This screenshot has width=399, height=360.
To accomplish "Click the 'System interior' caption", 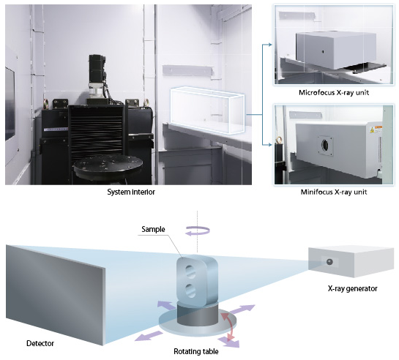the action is tap(131, 192).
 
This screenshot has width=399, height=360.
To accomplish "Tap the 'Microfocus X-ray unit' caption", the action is tap(334, 92).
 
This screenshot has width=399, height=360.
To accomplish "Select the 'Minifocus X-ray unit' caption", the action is tap(334, 192).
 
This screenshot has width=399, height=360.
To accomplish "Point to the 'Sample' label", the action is tap(153, 229).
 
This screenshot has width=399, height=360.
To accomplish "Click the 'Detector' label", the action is tap(40, 343).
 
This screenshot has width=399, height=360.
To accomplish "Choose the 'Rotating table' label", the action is tap(196, 351).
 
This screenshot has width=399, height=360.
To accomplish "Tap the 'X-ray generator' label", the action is tap(352, 288).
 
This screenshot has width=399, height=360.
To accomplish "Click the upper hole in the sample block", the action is tap(190, 271).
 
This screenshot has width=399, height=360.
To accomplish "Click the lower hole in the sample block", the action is tap(190, 290).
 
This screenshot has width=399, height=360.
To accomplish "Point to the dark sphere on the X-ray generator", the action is tap(329, 262).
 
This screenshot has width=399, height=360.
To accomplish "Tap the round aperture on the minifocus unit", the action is tap(325, 145).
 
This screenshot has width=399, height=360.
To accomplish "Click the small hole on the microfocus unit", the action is tap(323, 52).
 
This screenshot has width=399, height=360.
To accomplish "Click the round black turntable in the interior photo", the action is tap(108, 166).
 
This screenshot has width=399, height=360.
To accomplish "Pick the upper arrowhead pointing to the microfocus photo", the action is tap(270, 45).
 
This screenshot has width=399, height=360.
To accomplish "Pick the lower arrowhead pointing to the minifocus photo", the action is tap(270, 145).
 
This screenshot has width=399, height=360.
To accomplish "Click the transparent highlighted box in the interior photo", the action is tap(207, 110).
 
